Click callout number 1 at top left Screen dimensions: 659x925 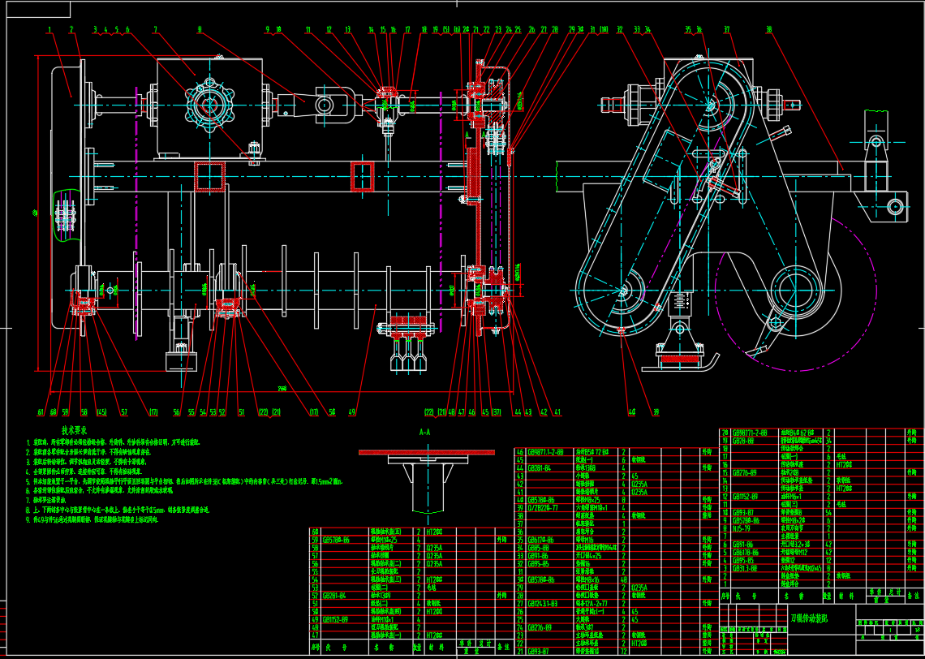[49, 30]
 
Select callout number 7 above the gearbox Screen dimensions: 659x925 [154, 30]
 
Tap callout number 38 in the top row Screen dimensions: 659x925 [768, 30]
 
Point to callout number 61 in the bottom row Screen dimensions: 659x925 [41, 412]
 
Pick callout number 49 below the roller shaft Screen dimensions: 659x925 [352, 412]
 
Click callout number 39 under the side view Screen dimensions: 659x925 [656, 412]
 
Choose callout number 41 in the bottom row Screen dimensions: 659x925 [557, 412]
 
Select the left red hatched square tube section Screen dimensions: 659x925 [209, 177]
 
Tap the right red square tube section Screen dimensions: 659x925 [362, 176]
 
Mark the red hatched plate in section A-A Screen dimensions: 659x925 [427, 451]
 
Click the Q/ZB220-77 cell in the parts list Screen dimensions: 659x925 [543, 507]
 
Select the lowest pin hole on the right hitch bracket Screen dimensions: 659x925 [896, 204]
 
